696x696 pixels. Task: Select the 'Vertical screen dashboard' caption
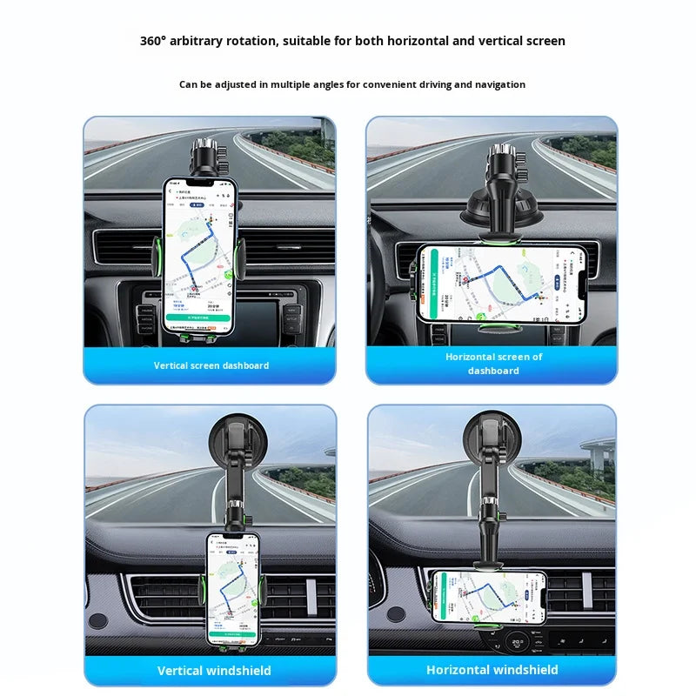point(211,365)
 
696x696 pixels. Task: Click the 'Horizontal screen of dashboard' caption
point(493,364)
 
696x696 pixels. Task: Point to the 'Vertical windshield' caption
point(214,671)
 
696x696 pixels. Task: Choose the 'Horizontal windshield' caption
point(492,670)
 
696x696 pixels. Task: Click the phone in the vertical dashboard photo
point(199,256)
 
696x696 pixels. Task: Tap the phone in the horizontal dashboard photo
point(499,284)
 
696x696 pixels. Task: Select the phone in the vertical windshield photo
point(233,588)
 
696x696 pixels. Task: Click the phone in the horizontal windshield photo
point(488,596)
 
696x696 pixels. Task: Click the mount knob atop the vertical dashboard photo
point(210,153)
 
